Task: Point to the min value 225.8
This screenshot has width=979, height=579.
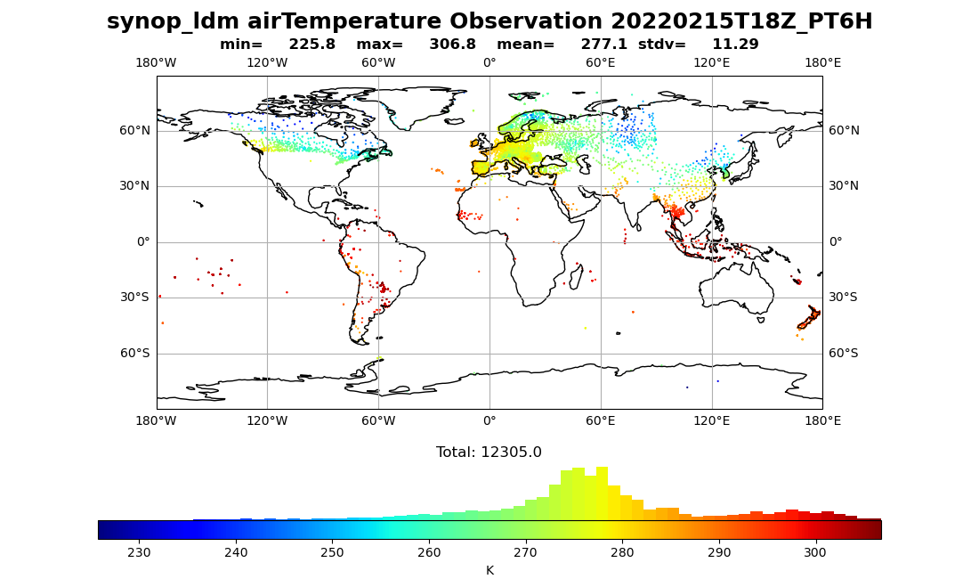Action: pos(312,45)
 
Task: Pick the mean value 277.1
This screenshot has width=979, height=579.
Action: pos(604,45)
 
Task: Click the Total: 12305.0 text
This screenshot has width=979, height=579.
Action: pos(489,453)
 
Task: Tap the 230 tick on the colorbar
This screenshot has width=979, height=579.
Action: pos(140,552)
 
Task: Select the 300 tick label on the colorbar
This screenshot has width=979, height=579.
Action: pos(815,552)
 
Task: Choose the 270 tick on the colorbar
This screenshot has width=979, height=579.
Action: pos(526,552)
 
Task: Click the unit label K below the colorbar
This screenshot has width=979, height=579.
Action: pos(489,570)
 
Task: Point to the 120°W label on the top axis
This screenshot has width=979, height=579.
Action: pos(267,62)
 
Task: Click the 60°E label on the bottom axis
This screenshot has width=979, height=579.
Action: pos(601,420)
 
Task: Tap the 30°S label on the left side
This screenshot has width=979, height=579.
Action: pos(134,298)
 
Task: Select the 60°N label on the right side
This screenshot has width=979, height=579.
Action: pos(844,131)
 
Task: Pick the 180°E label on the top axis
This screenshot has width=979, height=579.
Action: pos(822,62)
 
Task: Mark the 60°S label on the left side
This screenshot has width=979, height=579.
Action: pos(134,354)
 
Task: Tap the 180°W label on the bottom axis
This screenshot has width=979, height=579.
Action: pos(156,420)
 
